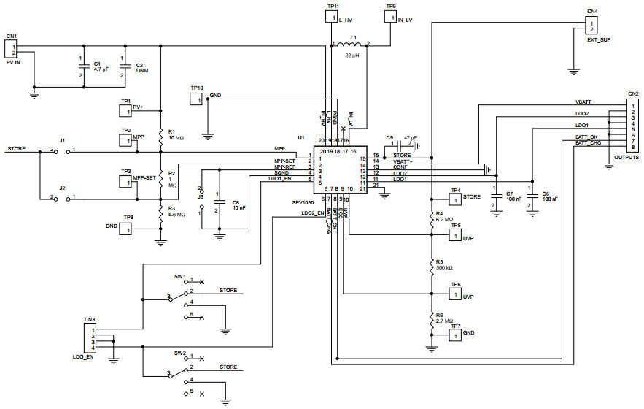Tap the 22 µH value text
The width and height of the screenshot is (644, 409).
point(354,56)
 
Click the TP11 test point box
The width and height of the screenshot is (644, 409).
point(331,17)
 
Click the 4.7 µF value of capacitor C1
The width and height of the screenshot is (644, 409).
point(102,70)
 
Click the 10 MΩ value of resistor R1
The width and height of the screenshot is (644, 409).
point(176,137)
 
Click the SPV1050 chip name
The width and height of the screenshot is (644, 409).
point(311,199)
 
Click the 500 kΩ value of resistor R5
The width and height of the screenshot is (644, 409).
point(444,268)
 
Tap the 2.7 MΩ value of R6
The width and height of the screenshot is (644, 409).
point(444,320)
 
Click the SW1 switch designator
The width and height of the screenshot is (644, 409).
point(179,277)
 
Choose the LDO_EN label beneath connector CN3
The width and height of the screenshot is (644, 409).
point(85,356)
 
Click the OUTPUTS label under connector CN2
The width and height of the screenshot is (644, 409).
point(627,158)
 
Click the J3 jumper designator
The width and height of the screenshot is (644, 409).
point(201,196)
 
